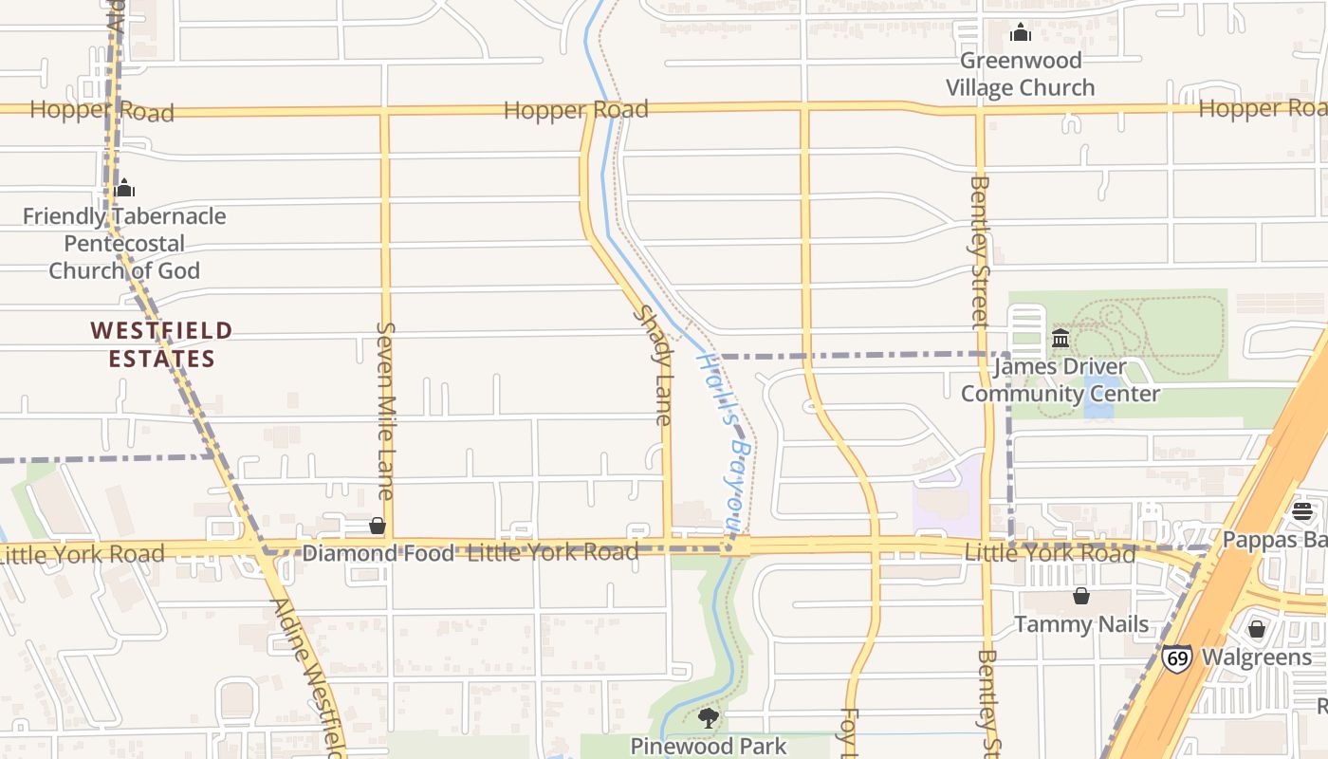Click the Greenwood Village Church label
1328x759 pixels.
click(x=1020, y=74)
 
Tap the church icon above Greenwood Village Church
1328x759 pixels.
click(x=1021, y=33)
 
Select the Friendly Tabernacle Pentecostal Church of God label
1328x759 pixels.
click(x=124, y=244)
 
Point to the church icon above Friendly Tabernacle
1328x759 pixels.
click(x=124, y=188)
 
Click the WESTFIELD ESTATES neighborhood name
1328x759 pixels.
click(x=161, y=344)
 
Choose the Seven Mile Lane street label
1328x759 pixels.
click(x=385, y=410)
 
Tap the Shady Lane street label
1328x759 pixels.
click(x=655, y=365)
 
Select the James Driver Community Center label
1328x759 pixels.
click(x=1061, y=379)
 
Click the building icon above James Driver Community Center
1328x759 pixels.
click(x=1061, y=339)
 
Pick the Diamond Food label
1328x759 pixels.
click(x=378, y=554)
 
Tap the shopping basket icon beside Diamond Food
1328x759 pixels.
click(x=378, y=526)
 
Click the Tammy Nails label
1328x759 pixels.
click(x=1081, y=624)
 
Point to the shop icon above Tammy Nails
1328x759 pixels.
click(x=1081, y=596)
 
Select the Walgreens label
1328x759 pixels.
click(x=1257, y=657)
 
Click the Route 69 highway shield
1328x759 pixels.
click(x=1177, y=657)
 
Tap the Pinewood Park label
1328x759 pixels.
click(x=709, y=746)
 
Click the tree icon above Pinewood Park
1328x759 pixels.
click(x=708, y=718)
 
